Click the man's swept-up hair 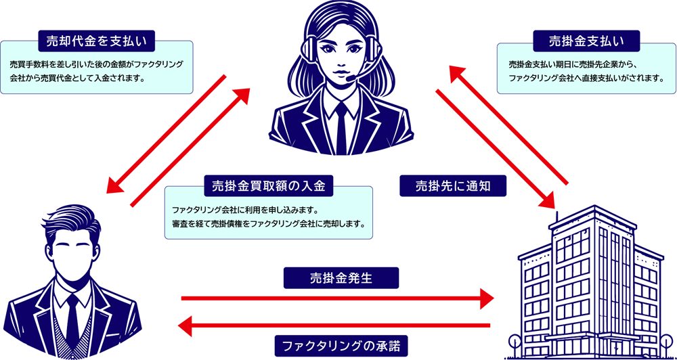point(68,215)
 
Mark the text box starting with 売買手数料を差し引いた point(96,68)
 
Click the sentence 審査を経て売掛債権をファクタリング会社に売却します point(268,223)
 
